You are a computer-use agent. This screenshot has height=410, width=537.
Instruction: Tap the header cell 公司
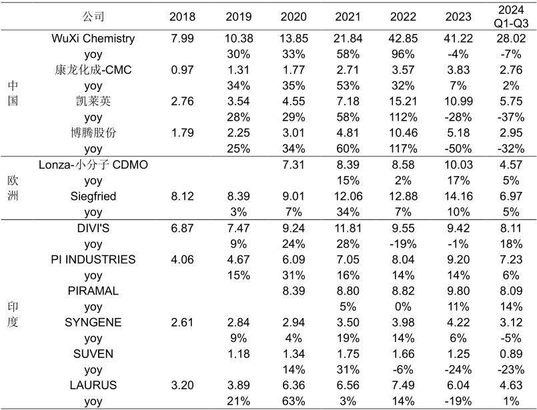point(93,17)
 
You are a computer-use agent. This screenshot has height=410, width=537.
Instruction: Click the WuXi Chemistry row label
point(93,39)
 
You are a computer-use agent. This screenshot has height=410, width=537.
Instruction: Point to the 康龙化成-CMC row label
point(93,70)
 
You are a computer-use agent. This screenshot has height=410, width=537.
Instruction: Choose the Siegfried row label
point(93,196)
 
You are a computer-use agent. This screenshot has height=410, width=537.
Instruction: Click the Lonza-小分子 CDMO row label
point(93,165)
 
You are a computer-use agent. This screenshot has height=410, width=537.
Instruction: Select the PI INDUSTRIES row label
point(93,259)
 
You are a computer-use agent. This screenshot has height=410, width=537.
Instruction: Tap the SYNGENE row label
point(93,323)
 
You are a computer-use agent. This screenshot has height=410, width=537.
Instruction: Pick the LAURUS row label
point(93,385)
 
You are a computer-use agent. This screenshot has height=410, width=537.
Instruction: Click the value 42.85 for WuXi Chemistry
point(403,39)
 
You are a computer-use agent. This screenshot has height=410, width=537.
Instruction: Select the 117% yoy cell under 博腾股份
point(403,149)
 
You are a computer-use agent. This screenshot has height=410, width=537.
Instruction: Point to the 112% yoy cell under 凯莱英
point(403,117)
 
